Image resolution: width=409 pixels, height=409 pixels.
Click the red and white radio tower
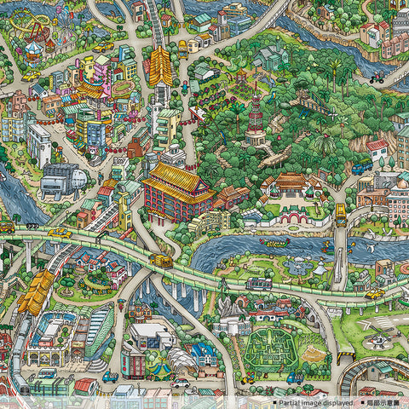coord(256,119)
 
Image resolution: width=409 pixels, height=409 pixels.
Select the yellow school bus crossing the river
coord(340,212)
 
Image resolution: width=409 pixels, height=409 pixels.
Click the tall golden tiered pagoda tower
coord(160,68)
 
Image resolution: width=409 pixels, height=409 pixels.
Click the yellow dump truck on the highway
coord(160,261)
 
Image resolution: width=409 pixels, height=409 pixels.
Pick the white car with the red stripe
coord(181,383)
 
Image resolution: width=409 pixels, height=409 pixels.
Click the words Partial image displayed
coord(310,401)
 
